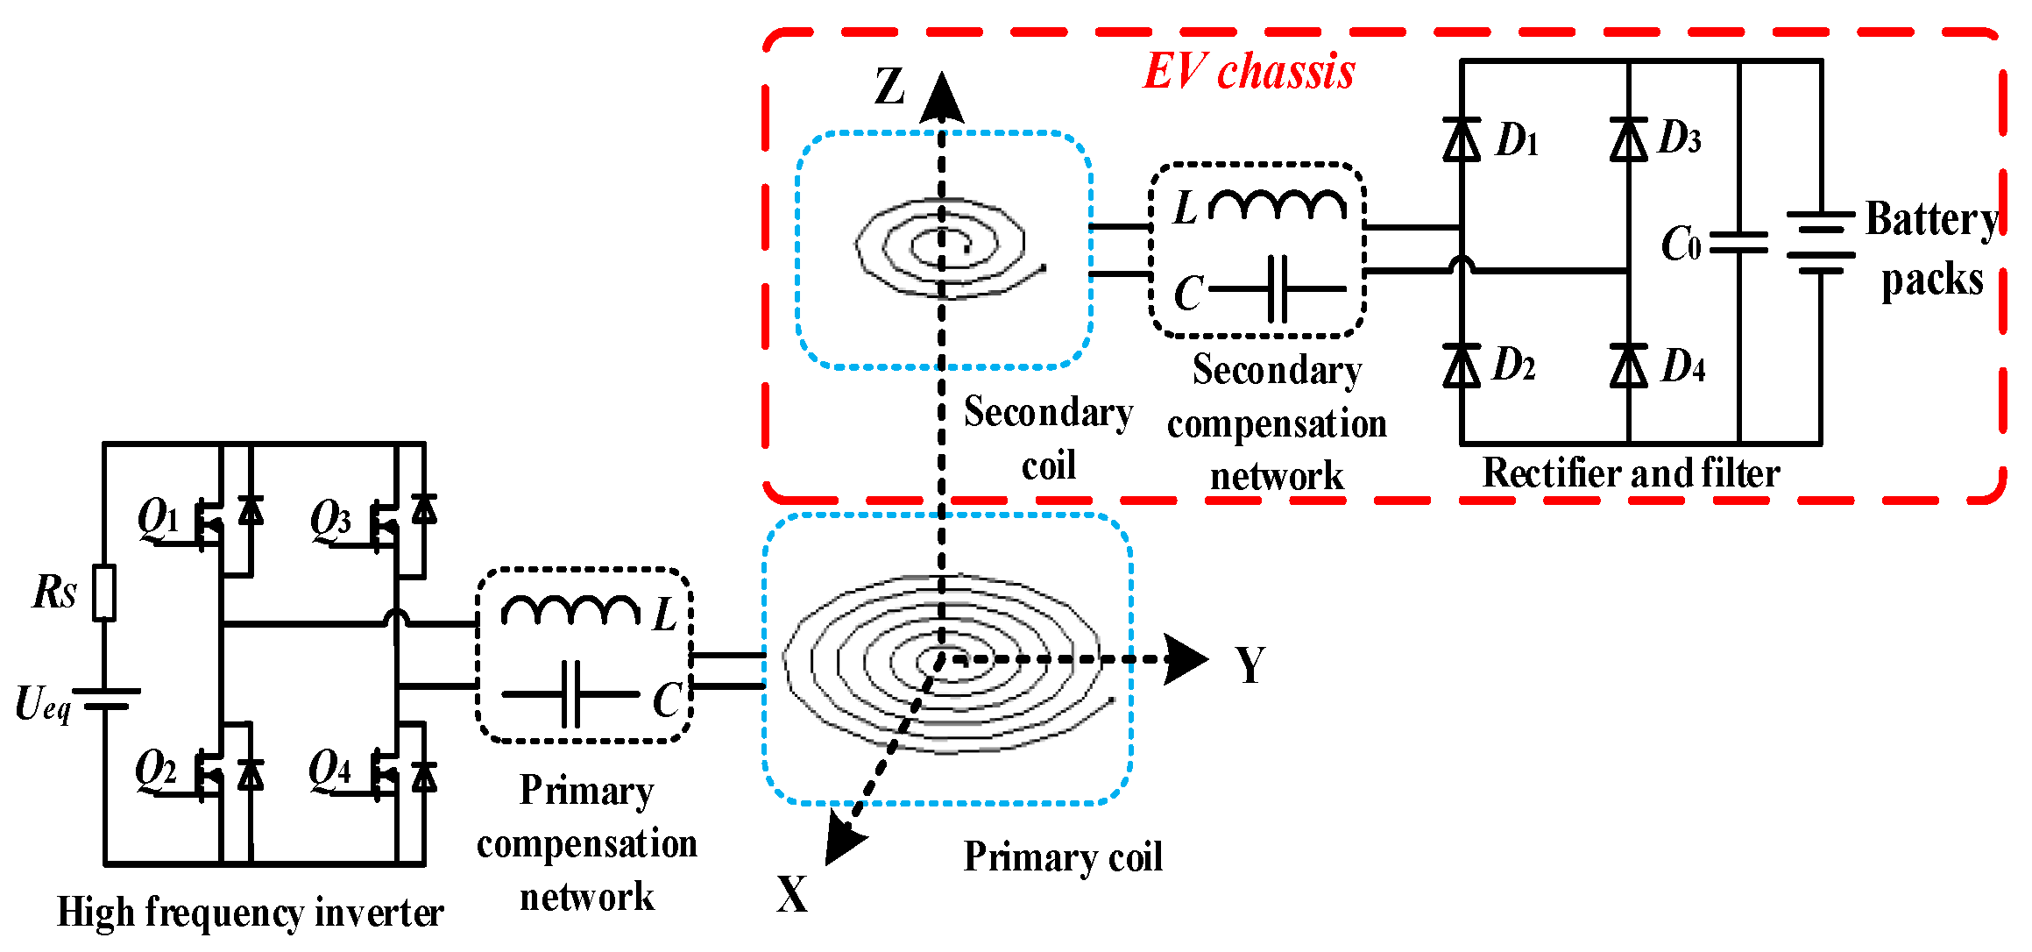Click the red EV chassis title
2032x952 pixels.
pos(1249,72)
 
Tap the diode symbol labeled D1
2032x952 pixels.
pos(1462,140)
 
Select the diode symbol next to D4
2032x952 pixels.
pos(1628,366)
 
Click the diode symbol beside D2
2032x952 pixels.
pos(1462,366)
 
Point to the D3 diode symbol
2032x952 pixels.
pos(1628,140)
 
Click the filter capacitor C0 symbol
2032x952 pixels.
pos(1739,244)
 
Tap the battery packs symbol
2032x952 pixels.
pos(1821,243)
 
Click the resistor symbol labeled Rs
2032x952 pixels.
pos(104,593)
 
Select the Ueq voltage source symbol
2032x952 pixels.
pos(105,699)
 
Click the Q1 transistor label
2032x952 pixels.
pos(158,517)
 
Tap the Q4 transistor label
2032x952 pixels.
pos(329,769)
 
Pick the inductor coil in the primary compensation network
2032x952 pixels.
pos(570,609)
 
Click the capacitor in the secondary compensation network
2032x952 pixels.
pos(1278,288)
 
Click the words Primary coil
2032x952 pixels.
pos(1063,856)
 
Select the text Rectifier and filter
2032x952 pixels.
pos(1630,473)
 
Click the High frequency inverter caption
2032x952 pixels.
pos(250,913)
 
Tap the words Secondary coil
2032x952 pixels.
pos(1048,438)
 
